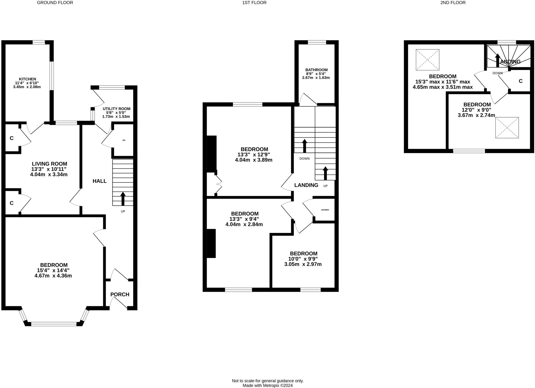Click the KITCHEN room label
pos(27,79)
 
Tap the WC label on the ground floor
pos(124,140)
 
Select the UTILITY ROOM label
pos(116,109)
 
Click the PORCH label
pos(120,294)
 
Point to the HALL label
pos(100,181)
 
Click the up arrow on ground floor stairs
pos(123,199)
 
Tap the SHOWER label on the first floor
pos(325,210)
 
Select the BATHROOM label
pos(316,70)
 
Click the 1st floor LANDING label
pos(306,185)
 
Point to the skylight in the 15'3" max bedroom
pos(427,60)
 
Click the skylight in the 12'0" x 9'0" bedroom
pos(507,128)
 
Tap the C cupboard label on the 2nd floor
pos(520,81)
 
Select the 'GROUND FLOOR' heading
pos(55,3)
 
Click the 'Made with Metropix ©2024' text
pos(267,385)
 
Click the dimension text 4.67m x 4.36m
pos(53,276)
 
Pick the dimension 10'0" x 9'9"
pos(303,259)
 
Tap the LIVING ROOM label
pos(49,164)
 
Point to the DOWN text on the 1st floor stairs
pos(304,158)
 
